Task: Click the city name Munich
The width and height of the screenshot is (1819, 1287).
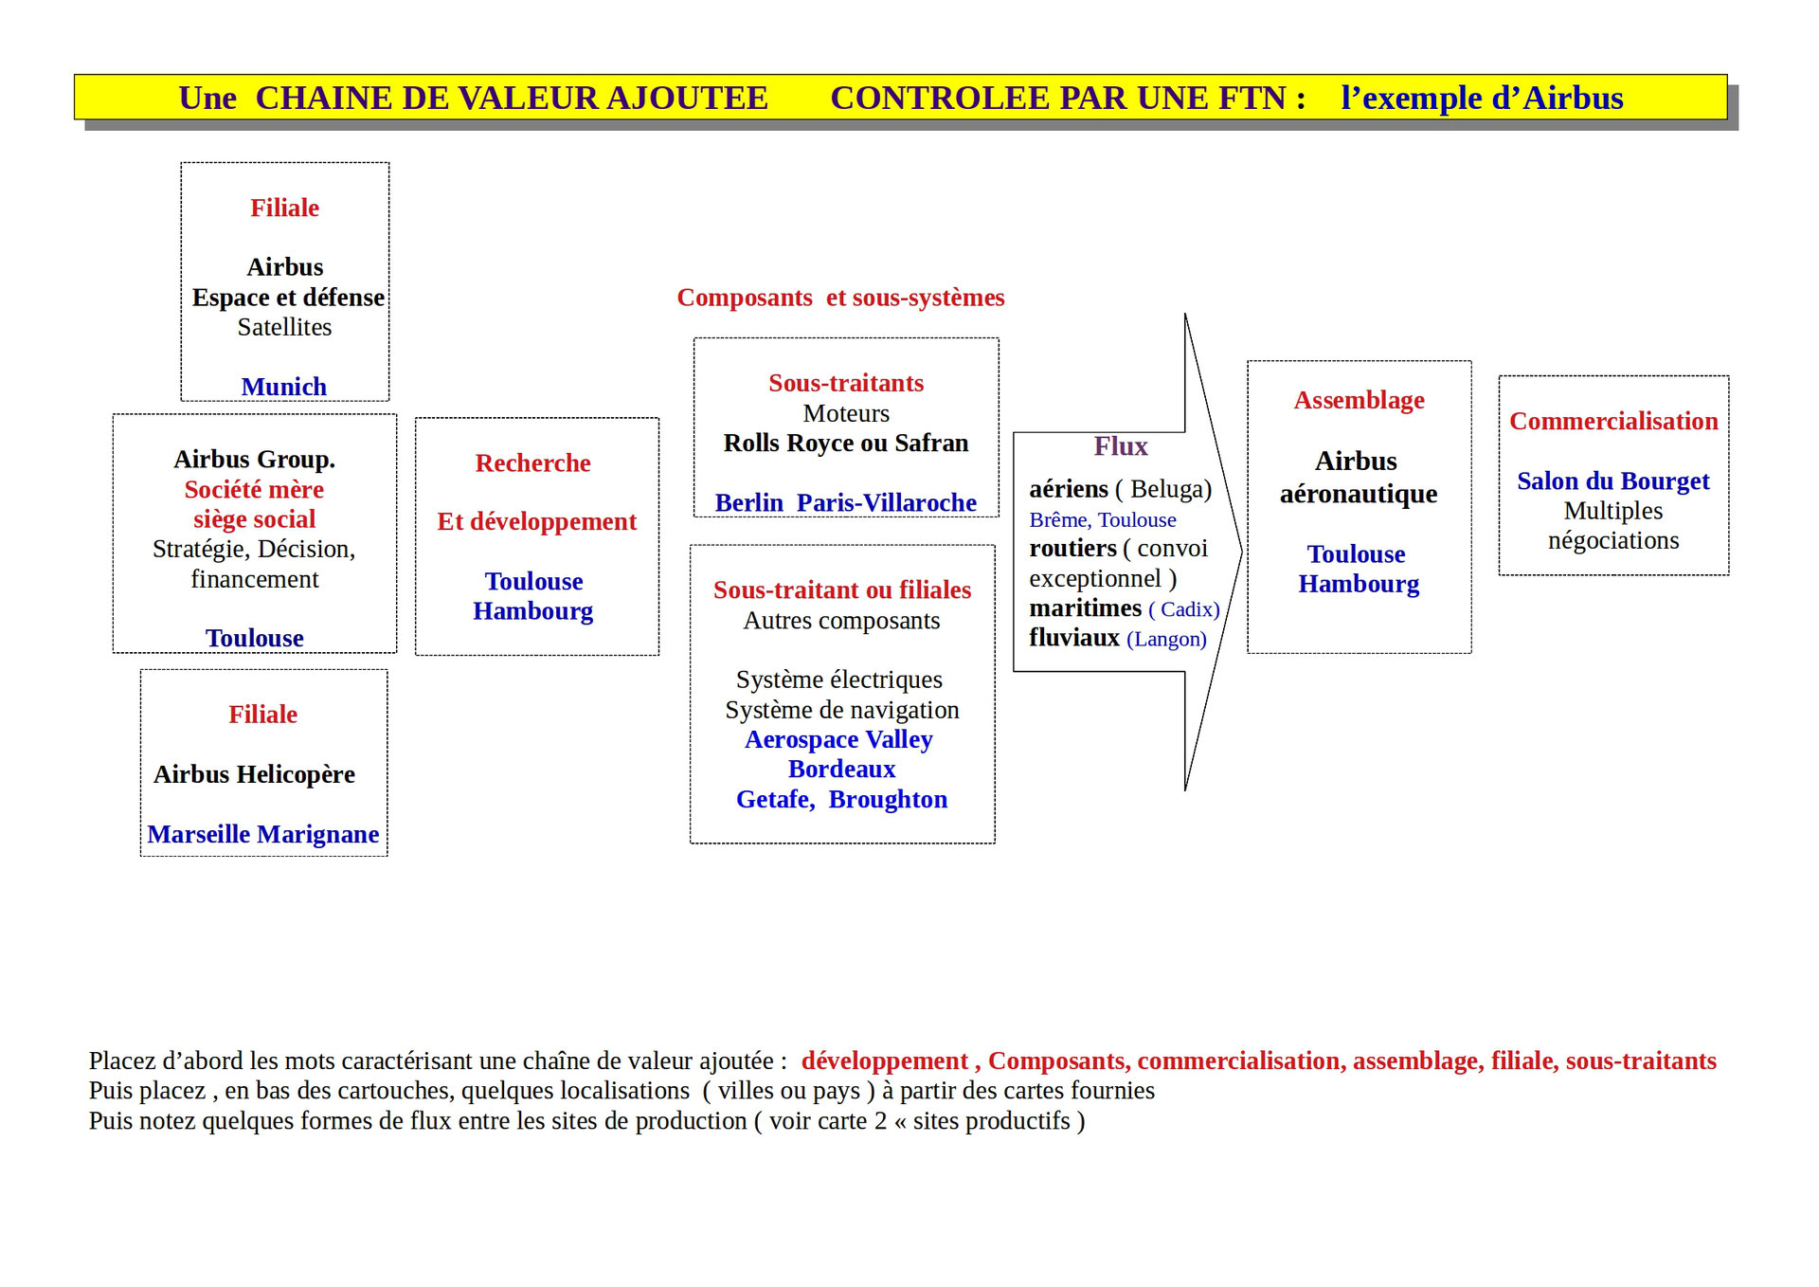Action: pos(283,387)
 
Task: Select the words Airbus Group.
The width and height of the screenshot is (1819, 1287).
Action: pos(254,460)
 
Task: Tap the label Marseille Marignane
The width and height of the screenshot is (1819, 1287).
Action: pos(263,834)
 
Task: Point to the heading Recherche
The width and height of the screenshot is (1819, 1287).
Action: pos(532,463)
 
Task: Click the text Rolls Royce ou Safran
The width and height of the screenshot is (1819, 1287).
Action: pos(846,444)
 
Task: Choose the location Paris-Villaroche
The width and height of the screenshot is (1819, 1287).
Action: pos(886,502)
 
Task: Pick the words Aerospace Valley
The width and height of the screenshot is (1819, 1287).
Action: pos(838,739)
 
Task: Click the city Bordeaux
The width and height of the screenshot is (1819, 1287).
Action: pos(841,769)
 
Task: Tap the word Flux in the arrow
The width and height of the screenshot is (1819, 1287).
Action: pos(1120,446)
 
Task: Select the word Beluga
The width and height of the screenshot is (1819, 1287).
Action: pos(1170,489)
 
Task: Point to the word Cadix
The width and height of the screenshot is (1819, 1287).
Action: pos(1189,609)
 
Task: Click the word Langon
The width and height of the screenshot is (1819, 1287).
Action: pos(1166,640)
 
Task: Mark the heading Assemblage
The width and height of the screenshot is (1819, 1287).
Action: pos(1359,401)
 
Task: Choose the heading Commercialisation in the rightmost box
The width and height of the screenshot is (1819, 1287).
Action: pos(1612,422)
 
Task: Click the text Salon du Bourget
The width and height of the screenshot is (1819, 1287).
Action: pos(1612,481)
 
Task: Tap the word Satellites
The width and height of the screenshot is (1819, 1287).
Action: pos(284,328)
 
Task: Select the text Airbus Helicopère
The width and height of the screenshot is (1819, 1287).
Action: pos(254,774)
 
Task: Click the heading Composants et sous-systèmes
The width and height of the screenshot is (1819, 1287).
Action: pos(840,298)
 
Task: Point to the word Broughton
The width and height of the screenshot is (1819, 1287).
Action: pos(888,799)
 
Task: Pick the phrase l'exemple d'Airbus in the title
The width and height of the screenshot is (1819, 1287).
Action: pos(1482,99)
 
